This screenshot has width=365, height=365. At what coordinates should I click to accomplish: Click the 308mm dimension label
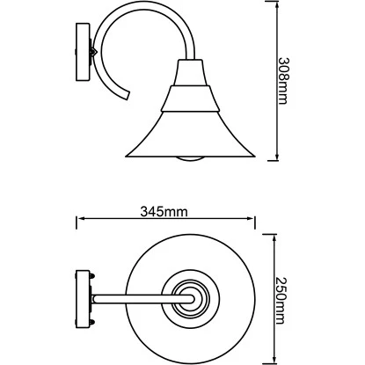click(283, 81)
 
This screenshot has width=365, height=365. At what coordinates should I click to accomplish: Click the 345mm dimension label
click(164, 211)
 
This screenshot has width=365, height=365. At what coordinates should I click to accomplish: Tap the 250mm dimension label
click(281, 301)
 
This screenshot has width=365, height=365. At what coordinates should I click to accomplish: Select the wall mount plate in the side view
click(83, 52)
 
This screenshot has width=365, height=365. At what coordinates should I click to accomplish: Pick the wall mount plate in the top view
click(83, 299)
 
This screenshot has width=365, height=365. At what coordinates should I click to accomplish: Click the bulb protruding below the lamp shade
click(190, 159)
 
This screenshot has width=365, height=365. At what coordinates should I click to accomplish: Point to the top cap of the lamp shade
click(190, 73)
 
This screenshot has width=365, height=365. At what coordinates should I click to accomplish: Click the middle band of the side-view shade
click(190, 99)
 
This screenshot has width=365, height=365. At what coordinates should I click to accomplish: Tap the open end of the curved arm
click(126, 95)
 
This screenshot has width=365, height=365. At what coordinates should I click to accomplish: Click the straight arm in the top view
click(143, 299)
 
